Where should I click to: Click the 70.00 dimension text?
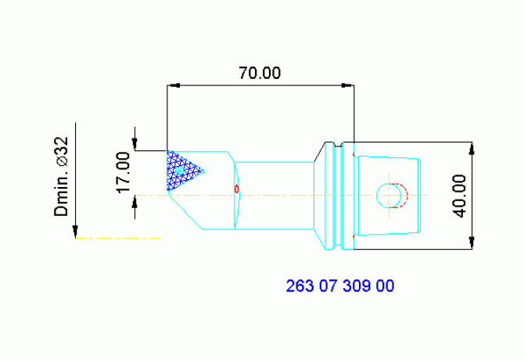pyautogui.click(x=259, y=74)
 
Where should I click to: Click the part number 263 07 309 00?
pyautogui.click(x=340, y=286)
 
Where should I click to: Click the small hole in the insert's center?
pyautogui.click(x=181, y=169)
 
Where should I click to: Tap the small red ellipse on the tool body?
pyautogui.click(x=237, y=189)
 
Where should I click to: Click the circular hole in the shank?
pyautogui.click(x=389, y=195)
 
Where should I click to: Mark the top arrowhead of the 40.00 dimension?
pyautogui.click(x=472, y=146)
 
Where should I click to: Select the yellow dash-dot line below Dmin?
pyautogui.click(x=117, y=237)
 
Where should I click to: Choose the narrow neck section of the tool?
pyautogui.click(x=274, y=195)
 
